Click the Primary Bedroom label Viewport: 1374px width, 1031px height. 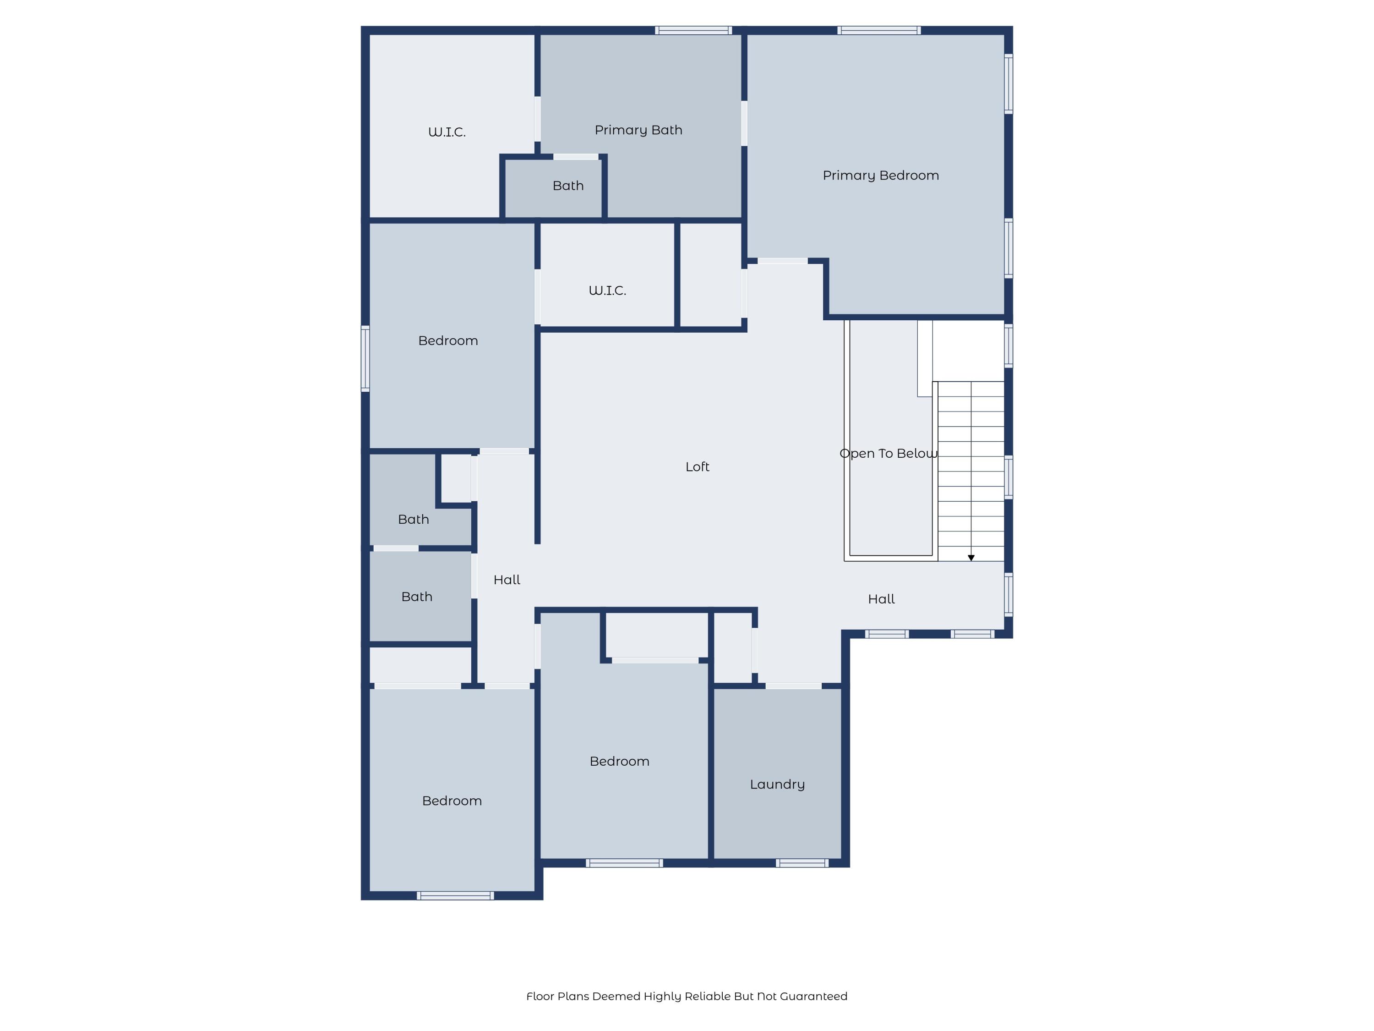(x=880, y=175)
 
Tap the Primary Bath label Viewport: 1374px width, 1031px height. (x=638, y=130)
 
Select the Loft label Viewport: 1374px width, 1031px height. (x=697, y=467)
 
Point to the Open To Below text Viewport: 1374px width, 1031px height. (x=888, y=454)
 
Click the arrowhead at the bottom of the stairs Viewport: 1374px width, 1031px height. (x=971, y=558)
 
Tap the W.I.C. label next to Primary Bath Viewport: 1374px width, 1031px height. (x=447, y=132)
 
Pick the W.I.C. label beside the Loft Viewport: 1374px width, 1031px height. (x=607, y=290)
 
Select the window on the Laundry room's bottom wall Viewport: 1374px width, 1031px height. (x=802, y=862)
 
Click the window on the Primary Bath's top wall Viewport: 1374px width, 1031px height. (x=693, y=30)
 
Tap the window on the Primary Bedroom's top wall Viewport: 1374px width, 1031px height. (x=878, y=30)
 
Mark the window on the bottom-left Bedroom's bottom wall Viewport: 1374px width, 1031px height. (x=455, y=895)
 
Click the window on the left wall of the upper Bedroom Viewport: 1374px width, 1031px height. (x=365, y=359)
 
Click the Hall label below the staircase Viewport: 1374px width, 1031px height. (x=881, y=599)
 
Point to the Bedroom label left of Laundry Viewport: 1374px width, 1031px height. (x=619, y=761)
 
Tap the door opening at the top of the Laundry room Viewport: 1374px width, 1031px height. (x=793, y=686)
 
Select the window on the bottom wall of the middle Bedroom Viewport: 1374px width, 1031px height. (x=624, y=862)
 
